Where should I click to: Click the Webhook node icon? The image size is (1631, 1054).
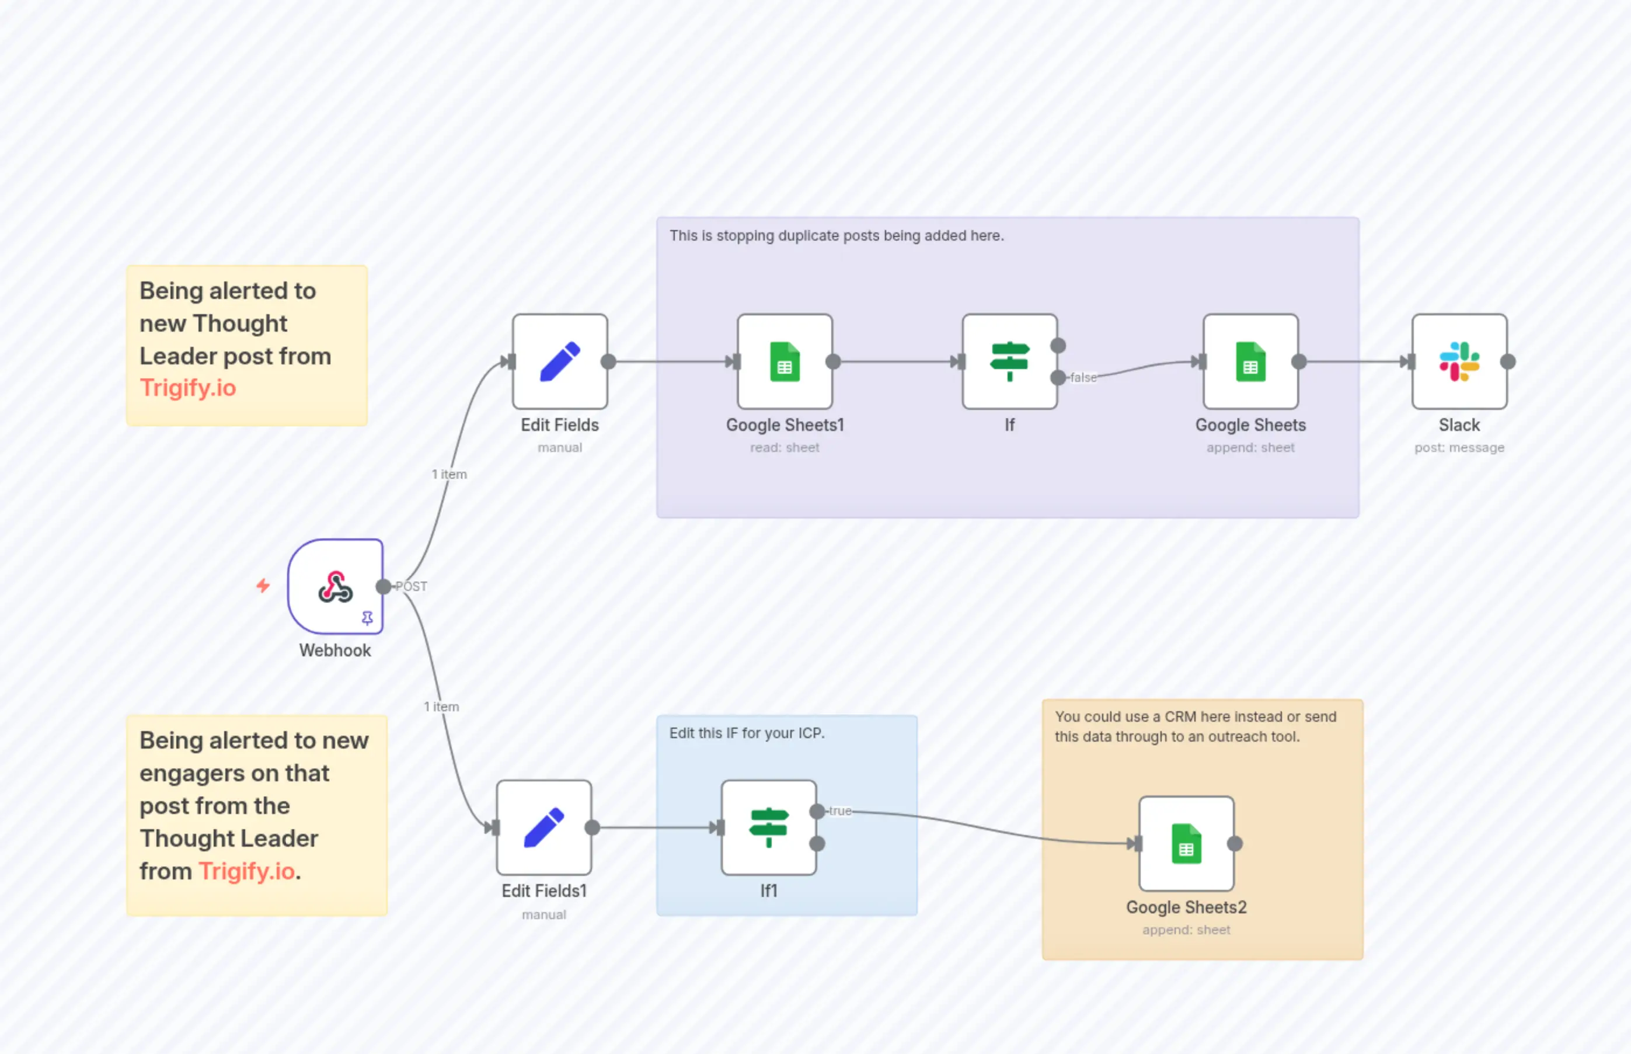(335, 586)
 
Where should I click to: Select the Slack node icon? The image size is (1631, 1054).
(1459, 361)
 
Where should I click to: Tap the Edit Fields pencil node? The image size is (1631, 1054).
(560, 361)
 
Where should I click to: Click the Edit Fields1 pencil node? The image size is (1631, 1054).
(544, 827)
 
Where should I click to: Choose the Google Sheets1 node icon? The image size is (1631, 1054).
(785, 361)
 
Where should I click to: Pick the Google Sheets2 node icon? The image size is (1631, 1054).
(1186, 843)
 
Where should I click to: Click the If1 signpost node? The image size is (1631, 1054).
(768, 827)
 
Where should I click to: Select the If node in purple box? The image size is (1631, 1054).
(1009, 361)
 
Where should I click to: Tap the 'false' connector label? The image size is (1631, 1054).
(1083, 378)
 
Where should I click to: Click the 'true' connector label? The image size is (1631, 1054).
(840, 811)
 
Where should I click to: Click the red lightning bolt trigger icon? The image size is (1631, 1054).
(263, 586)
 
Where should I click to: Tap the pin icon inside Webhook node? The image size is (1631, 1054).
(367, 618)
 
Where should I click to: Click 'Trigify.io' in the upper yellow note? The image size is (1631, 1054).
(188, 388)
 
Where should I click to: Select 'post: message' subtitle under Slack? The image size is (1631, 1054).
(1459, 448)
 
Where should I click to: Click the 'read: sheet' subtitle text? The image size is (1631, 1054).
(784, 448)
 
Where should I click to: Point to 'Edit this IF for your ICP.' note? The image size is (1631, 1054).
(747, 733)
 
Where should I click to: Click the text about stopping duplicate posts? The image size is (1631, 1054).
(836, 235)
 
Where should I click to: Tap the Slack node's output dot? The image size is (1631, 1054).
(1507, 361)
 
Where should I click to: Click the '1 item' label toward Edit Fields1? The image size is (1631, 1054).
(441, 707)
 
